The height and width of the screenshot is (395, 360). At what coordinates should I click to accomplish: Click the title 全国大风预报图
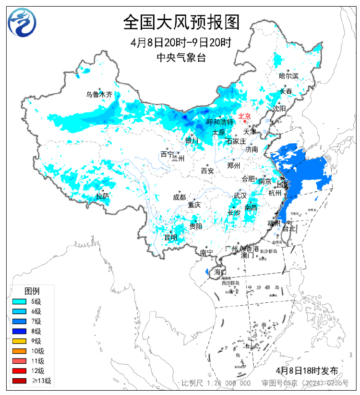(x=181, y=22)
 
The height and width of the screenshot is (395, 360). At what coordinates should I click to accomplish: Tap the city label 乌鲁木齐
(x=99, y=95)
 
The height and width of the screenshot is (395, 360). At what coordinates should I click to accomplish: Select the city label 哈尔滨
(x=288, y=76)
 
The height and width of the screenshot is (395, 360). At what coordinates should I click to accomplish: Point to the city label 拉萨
(x=103, y=196)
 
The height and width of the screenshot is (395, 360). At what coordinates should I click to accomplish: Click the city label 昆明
(x=170, y=237)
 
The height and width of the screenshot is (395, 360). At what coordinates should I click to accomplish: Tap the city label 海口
(x=220, y=272)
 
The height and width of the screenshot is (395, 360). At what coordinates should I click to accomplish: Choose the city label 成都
(x=179, y=197)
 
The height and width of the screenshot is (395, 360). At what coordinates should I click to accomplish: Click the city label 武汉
(x=240, y=196)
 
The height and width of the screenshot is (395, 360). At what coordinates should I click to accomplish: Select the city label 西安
(x=207, y=171)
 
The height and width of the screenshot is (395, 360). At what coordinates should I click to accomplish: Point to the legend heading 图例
(x=32, y=291)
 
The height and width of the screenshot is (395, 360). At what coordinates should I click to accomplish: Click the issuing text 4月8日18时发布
(x=307, y=370)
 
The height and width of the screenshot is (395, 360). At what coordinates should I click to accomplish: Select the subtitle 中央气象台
(x=181, y=57)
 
